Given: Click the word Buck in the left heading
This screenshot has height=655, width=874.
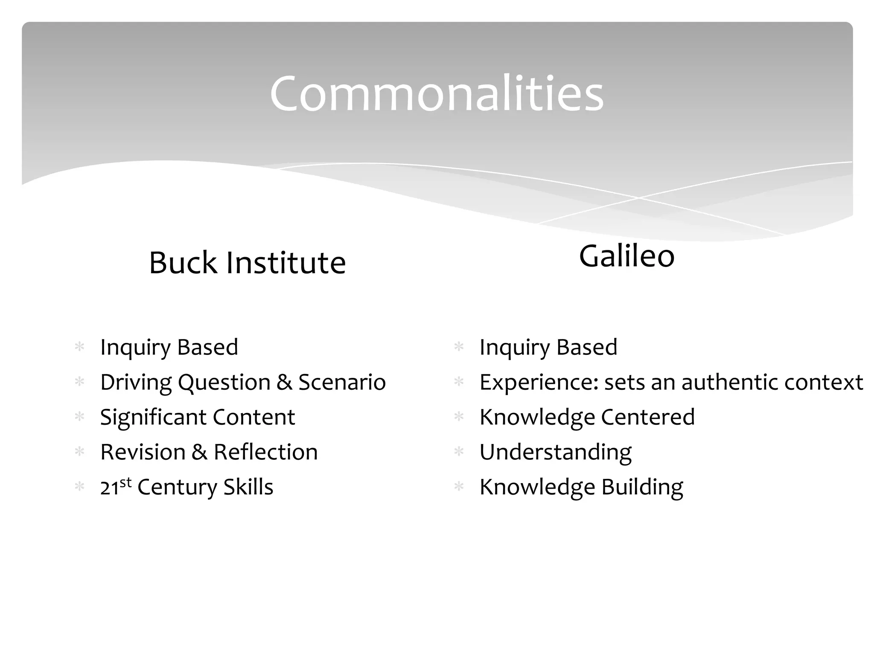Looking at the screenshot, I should point(183,263).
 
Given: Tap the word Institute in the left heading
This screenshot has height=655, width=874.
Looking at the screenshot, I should point(286,263).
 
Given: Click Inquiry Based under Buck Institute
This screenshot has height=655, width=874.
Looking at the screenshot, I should point(169,347).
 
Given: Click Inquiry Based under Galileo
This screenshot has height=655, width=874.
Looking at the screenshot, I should point(548,347).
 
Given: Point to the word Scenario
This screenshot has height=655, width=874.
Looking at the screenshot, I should point(342,382).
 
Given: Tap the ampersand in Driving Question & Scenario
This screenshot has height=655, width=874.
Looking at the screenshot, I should point(284,383).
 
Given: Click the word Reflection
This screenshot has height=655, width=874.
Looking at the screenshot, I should point(265,452).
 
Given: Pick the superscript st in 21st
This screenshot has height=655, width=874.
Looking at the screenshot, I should point(125,482).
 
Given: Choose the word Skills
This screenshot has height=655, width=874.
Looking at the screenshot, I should point(248,487).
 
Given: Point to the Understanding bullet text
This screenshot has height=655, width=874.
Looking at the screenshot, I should point(555,452).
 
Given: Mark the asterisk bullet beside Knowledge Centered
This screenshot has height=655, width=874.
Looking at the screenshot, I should point(459,416).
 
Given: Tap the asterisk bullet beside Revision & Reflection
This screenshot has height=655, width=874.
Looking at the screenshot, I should point(79,451).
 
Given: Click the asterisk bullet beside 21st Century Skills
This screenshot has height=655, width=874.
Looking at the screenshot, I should point(79,486).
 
